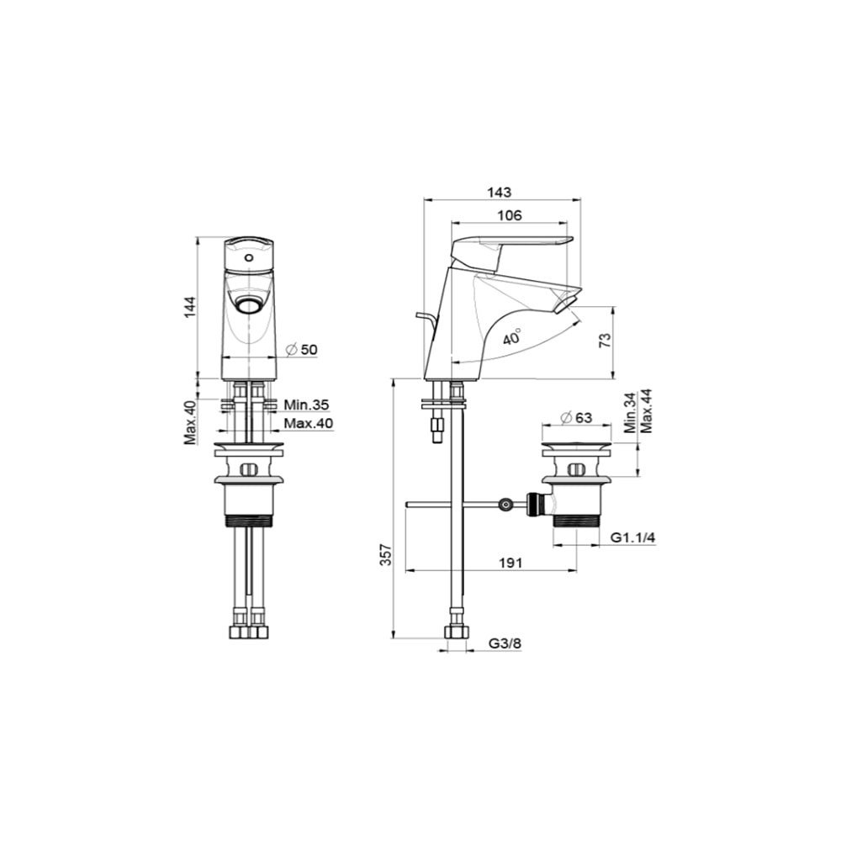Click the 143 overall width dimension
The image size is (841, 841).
(499, 192)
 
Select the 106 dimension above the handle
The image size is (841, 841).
(509, 215)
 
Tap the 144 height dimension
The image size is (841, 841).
(190, 307)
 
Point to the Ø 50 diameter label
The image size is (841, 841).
(303, 350)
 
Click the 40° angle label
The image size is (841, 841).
(513, 337)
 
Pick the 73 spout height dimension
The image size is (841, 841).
(605, 340)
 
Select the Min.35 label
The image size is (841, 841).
(306, 405)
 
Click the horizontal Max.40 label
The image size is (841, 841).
(309, 423)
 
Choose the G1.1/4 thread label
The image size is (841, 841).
(633, 537)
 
